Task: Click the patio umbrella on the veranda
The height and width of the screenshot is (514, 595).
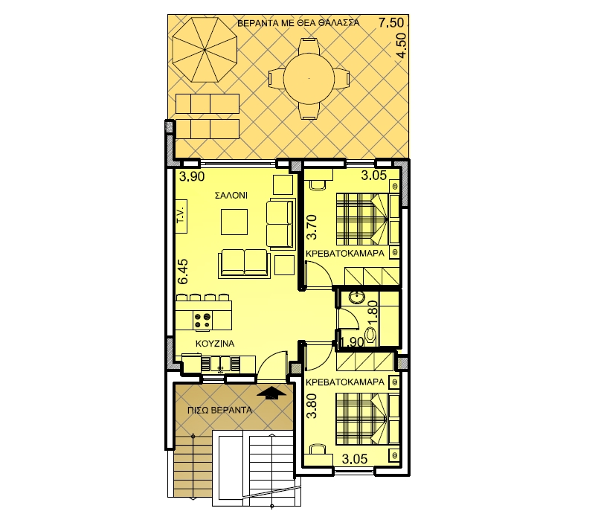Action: coord(205,50)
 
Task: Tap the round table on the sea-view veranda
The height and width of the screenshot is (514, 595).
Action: coord(309,79)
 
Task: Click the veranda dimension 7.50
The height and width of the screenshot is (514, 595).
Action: coord(391,23)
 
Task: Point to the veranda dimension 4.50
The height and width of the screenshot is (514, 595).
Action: coord(401,45)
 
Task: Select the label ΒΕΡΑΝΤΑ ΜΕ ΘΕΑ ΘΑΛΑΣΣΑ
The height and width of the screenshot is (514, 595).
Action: coord(298,23)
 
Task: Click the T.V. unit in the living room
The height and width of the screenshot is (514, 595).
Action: coord(181,216)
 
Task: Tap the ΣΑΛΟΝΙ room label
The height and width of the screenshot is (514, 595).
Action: coord(231,196)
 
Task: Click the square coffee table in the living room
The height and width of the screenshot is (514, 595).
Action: coord(234,222)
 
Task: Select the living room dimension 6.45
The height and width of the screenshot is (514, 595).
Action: coord(183,272)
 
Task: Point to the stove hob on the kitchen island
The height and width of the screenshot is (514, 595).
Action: coord(202,320)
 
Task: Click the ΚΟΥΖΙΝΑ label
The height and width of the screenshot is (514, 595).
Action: coord(215,344)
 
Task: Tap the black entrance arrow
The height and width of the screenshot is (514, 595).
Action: coord(271,393)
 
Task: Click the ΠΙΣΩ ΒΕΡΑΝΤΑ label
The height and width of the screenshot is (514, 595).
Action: coord(219,411)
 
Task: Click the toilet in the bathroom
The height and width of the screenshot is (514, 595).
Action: coord(370,335)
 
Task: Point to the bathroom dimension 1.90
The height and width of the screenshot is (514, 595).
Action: coord(352,342)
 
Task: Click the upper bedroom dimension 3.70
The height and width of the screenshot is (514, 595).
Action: coord(312,227)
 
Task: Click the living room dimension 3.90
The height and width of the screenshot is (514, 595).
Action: coord(192,177)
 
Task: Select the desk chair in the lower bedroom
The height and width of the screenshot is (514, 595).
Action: coord(318,449)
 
